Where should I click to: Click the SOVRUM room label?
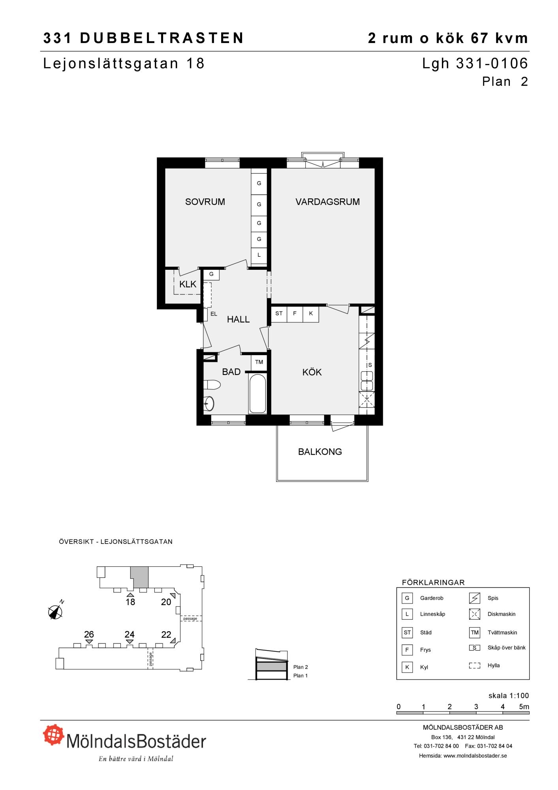tap(205, 202)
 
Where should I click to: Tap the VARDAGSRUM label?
tap(327, 202)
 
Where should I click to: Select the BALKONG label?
tap(320, 452)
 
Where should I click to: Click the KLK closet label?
tap(188, 284)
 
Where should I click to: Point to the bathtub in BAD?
tap(257, 393)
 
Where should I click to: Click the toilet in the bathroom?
tap(212, 385)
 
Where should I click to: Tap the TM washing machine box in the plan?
tap(259, 362)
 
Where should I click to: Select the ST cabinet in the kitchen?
tap(279, 314)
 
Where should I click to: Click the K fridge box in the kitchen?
tap(311, 314)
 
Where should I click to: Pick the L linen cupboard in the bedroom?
tap(259, 255)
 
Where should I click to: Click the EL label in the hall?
tap(214, 314)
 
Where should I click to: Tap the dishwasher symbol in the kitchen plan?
tap(367, 399)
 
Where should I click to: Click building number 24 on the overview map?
tap(130, 634)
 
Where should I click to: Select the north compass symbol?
tap(56, 611)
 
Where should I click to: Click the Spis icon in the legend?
tap(475, 598)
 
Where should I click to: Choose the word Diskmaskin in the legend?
tap(502, 614)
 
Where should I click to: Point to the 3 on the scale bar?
tap(476, 707)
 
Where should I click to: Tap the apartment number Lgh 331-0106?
tap(475, 64)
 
